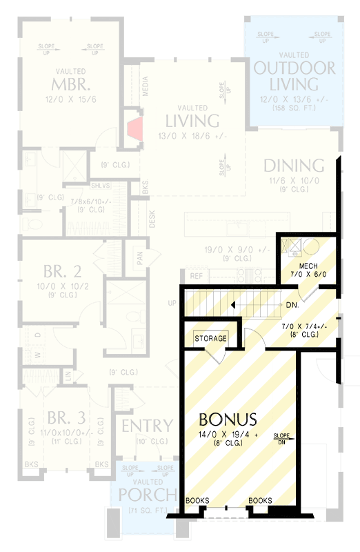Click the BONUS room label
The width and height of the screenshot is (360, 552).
(x=228, y=419)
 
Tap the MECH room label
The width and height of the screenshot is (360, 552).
(x=308, y=266)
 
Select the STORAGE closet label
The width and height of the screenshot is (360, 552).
(x=210, y=339)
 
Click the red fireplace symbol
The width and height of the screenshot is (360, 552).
(x=134, y=129)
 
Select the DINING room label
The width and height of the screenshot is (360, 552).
(x=294, y=166)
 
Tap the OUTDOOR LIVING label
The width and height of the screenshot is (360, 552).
(x=294, y=76)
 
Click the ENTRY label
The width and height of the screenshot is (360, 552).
(x=147, y=426)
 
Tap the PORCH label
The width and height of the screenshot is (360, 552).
(x=142, y=495)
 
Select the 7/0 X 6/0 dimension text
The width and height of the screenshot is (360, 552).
(x=308, y=275)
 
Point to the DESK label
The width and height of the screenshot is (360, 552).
(x=152, y=219)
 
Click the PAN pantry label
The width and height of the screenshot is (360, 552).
(x=139, y=257)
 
